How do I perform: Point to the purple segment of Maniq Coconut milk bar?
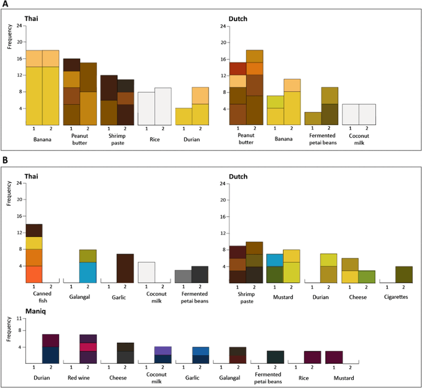point(162,350)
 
